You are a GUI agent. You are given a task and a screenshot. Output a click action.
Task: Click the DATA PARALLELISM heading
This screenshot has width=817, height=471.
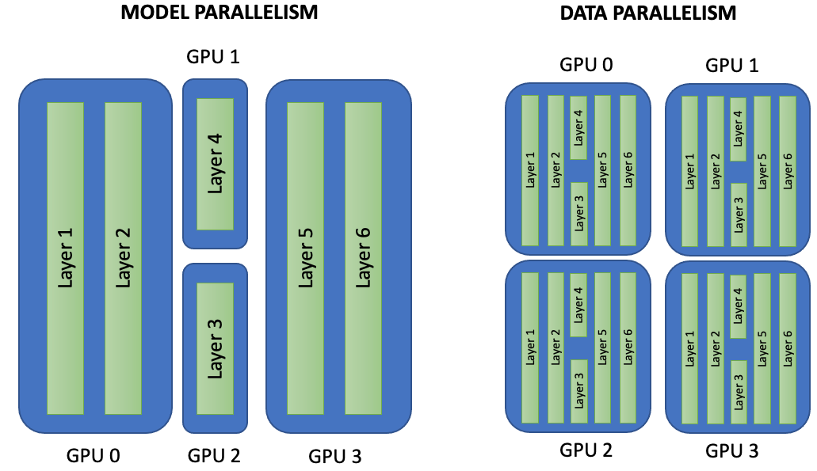[x=648, y=13]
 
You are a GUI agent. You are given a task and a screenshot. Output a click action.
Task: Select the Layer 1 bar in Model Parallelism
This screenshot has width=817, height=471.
[x=65, y=258]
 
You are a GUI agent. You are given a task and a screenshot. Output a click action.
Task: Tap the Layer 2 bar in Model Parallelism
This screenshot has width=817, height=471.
[x=123, y=258]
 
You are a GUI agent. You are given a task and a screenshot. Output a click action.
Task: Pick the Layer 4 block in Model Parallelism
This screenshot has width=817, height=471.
[x=215, y=164]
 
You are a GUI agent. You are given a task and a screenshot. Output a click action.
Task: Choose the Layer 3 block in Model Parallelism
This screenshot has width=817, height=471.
[x=215, y=348]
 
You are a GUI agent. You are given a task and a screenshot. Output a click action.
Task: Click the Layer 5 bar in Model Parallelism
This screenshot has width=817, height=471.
[x=305, y=258]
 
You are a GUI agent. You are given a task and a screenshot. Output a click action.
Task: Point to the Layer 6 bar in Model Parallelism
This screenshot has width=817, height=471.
[x=363, y=258]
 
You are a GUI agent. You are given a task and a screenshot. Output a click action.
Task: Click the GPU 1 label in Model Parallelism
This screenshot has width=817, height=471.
[x=212, y=57]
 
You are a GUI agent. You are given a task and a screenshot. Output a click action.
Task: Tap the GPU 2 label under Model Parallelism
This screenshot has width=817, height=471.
[x=214, y=456]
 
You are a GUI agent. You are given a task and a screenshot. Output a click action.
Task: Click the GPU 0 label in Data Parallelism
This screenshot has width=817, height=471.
[x=586, y=65]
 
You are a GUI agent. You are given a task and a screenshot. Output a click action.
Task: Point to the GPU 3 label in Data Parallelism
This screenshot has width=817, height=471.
[x=731, y=451]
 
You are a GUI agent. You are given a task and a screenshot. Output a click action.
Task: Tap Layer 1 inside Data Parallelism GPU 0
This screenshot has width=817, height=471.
[x=530, y=170]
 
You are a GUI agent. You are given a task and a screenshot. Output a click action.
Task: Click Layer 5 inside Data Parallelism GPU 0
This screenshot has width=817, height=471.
[x=603, y=170]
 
